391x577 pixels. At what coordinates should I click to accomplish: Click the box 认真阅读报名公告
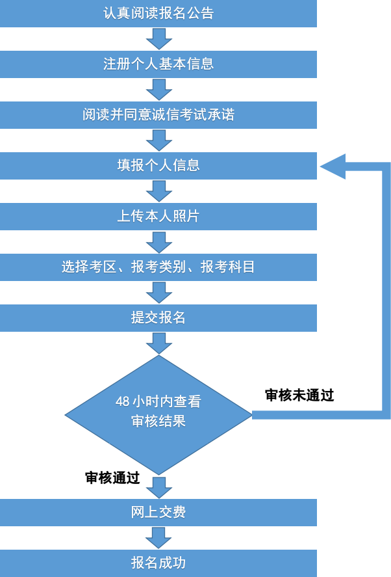[158, 14]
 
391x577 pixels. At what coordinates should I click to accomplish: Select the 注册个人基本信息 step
[158, 64]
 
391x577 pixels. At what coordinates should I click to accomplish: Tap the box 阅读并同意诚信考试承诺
[158, 115]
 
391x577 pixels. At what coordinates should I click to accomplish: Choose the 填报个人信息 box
[158, 166]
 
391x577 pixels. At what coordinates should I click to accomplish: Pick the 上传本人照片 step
[158, 217]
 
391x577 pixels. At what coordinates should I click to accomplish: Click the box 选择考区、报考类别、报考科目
[158, 267]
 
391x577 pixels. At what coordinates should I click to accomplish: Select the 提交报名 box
[158, 318]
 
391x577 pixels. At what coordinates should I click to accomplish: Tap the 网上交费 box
[158, 513]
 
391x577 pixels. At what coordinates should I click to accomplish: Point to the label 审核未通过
[299, 396]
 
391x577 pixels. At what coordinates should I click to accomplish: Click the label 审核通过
[112, 478]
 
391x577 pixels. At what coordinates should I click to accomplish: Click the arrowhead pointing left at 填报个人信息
[333, 167]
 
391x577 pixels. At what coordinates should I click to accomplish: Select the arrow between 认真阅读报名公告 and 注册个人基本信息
[158, 39]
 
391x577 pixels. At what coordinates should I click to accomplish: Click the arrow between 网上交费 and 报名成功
[158, 538]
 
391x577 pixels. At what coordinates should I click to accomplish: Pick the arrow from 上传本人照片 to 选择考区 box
[158, 242]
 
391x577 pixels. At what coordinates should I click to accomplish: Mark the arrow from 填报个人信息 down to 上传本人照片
[158, 191]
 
